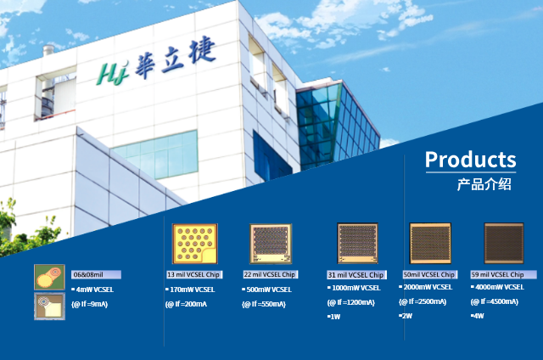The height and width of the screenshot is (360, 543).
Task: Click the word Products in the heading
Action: pyautogui.click(x=471, y=160)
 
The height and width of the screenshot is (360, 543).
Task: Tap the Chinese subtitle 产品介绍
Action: pyautogui.click(x=484, y=184)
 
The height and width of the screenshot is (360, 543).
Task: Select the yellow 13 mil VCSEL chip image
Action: pyautogui.click(x=195, y=244)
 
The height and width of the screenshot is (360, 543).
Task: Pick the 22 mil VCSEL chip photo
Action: pyautogui.click(x=271, y=244)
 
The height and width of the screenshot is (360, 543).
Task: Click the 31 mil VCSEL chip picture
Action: pyautogui.click(x=357, y=243)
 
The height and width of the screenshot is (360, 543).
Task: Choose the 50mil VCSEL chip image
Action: pyautogui.click(x=430, y=243)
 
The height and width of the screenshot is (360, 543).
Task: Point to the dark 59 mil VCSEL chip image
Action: pyautogui.click(x=503, y=243)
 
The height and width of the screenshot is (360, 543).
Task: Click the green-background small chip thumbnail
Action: pyautogui.click(x=49, y=277)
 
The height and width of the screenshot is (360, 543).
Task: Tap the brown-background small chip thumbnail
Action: pyautogui.click(x=49, y=306)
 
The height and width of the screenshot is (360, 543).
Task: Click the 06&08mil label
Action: pyautogui.click(x=88, y=275)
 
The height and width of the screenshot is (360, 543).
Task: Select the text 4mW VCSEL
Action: pyautogui.click(x=94, y=290)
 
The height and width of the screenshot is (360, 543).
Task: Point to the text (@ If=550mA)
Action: pyautogui.click(x=264, y=304)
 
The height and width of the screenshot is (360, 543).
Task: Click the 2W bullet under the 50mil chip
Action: pyautogui.click(x=406, y=316)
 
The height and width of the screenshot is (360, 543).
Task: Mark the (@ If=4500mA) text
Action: pyautogui.click(x=495, y=301)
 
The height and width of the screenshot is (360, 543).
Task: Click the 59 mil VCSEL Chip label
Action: pyautogui.click(x=497, y=275)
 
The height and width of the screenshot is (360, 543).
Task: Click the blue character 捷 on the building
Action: pyautogui.click(x=202, y=51)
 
